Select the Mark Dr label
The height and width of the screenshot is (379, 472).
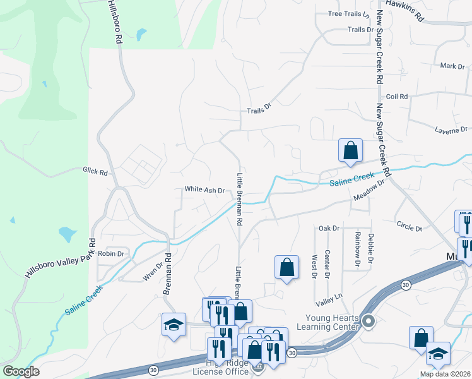point(452,66)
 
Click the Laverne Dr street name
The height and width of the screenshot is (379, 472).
point(449,129)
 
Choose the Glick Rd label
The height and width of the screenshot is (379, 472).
point(95,171)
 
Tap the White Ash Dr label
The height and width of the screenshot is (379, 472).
point(204,189)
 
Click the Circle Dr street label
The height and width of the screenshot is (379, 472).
point(409,224)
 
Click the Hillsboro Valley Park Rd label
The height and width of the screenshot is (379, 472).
point(60,259)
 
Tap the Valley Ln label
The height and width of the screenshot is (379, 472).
point(330,295)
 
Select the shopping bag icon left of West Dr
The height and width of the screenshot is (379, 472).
point(287,267)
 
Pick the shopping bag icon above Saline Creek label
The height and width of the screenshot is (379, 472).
point(350,151)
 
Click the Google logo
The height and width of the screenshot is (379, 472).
point(21,371)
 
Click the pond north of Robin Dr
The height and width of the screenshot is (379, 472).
point(67,234)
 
